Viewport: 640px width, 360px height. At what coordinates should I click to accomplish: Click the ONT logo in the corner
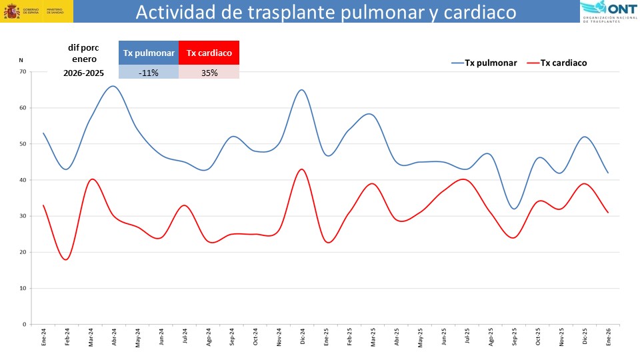click(609, 11)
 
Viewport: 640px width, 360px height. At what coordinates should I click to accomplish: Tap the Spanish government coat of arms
click(11, 11)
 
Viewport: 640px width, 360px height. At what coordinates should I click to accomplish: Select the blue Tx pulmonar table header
click(149, 53)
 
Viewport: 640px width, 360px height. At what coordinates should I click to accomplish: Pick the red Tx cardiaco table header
click(209, 53)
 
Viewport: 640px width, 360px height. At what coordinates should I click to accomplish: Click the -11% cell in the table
click(149, 73)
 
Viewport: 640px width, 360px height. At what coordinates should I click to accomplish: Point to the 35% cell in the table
click(209, 73)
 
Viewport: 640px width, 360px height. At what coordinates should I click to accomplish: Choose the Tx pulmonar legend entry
click(485, 63)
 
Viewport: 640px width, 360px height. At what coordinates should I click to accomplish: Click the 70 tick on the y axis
click(23, 71)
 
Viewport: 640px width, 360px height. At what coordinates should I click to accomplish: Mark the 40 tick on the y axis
click(23, 180)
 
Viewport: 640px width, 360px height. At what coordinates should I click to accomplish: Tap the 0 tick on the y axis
click(25, 325)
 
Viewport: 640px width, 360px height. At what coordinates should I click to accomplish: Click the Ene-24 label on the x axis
click(43, 336)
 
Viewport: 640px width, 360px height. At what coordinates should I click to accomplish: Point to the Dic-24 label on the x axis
click(303, 336)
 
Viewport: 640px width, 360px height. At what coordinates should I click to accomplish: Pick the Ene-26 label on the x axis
click(609, 336)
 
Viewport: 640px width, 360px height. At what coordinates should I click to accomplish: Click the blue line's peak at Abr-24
click(113, 86)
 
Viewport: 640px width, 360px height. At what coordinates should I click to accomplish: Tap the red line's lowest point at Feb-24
click(66, 259)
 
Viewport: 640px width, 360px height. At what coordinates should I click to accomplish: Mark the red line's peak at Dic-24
click(302, 169)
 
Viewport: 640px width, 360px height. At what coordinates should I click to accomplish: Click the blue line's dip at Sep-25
click(514, 209)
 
